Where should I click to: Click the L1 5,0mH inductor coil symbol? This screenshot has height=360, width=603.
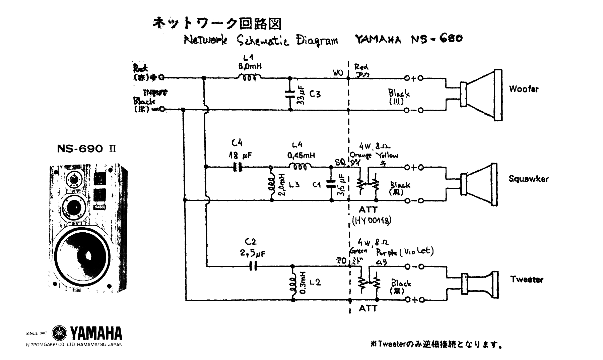(x=249, y=78)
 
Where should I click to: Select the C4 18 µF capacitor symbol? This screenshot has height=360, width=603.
(x=238, y=167)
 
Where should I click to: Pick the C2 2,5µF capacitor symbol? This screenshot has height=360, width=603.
(x=254, y=266)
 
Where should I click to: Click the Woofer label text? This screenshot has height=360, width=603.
(x=524, y=89)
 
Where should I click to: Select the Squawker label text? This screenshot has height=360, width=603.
(x=528, y=179)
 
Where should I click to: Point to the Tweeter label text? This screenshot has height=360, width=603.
(x=527, y=280)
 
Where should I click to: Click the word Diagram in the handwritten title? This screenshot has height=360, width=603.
(x=317, y=40)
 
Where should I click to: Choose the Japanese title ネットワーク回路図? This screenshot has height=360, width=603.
(x=217, y=23)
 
